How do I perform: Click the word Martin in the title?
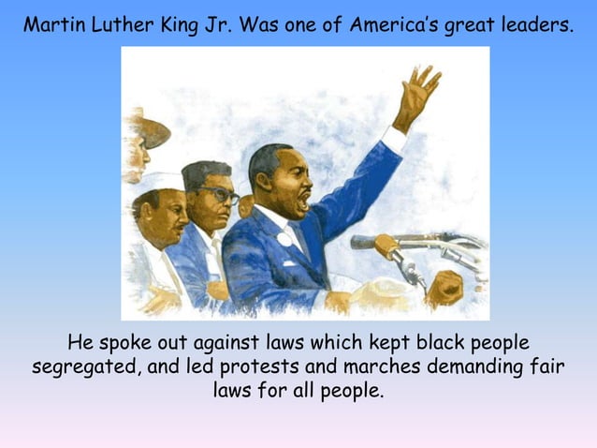(x=52, y=24)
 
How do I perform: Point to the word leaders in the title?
(x=533, y=24)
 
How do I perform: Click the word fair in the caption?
(x=548, y=366)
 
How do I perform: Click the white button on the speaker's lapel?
(x=284, y=238)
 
